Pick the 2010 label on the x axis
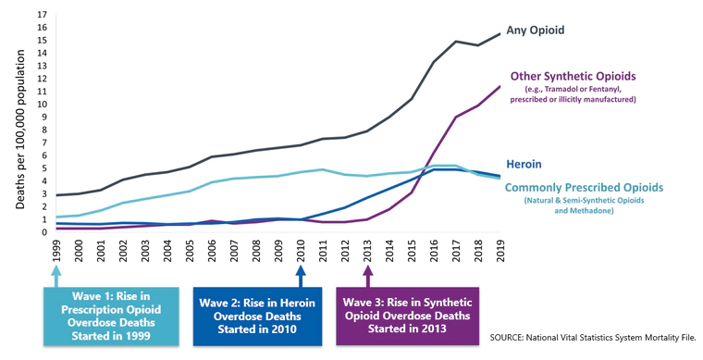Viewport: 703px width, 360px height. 301,250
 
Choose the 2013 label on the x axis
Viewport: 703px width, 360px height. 367,250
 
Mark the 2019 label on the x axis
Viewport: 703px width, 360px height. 500,250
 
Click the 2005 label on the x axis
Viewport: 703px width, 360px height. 191,250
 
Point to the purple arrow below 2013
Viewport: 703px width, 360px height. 367,274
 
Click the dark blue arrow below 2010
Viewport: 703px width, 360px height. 301,274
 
